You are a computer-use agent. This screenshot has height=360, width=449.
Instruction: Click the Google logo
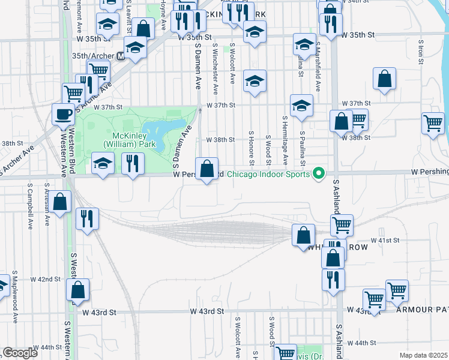point(20,353)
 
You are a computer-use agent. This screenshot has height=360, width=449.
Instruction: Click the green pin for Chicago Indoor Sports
point(319,174)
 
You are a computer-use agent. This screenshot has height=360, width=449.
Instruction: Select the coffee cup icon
point(63,113)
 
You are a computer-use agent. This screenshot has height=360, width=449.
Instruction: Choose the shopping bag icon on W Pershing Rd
point(207,169)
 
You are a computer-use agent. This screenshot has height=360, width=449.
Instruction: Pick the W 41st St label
point(385,240)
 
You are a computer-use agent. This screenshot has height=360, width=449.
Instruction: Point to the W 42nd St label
point(49,279)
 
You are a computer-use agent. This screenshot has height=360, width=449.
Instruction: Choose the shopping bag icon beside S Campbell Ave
point(60,202)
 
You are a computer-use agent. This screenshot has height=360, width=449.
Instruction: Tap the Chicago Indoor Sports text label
point(270,175)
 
